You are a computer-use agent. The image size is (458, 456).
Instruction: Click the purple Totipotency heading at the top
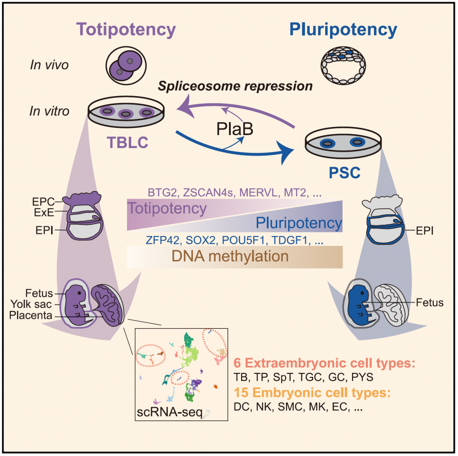[x=127, y=30]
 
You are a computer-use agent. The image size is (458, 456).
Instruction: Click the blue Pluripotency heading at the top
[x=343, y=30]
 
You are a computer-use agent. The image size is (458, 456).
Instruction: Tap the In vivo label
[x=49, y=65]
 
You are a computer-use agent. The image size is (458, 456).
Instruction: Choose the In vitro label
[x=50, y=111]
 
